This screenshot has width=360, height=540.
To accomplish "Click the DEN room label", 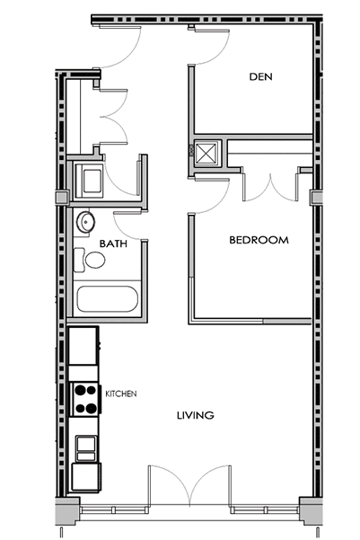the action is [260, 76].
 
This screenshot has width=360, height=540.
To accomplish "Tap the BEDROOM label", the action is [259, 240].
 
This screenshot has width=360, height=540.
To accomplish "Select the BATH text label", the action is [113, 243].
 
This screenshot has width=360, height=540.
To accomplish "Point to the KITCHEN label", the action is [121, 394].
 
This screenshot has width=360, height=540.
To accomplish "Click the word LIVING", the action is [196, 415].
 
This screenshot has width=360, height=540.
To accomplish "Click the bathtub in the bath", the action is [107, 299].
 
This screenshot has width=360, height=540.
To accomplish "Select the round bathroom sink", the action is [85, 221].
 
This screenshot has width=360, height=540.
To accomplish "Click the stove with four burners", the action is [85, 399].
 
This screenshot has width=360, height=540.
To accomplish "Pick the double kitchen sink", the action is [85, 448].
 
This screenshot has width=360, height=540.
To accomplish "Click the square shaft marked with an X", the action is [206, 152].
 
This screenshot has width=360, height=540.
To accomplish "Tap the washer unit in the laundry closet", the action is [89, 181].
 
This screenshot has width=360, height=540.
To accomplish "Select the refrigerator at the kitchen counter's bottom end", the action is [86, 477].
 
